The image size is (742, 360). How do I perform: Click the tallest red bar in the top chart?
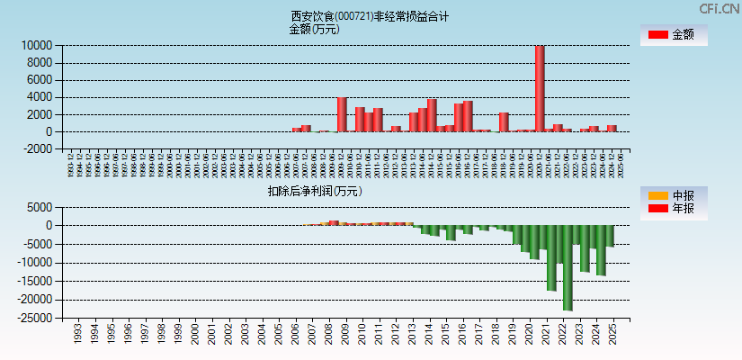[540, 88]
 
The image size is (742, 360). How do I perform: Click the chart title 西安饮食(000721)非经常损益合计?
[370, 16]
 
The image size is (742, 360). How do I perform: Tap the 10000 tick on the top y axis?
[36, 46]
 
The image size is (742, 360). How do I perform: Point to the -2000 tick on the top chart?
[36, 149]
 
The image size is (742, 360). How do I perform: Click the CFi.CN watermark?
[718, 8]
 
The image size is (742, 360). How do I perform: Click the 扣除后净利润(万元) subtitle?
[314, 191]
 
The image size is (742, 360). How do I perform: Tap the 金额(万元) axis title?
[314, 29]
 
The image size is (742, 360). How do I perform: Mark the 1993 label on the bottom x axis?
[77, 335]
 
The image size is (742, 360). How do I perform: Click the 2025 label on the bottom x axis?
[612, 335]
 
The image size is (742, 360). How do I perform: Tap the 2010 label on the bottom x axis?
[362, 335]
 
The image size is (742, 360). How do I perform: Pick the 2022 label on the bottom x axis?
[562, 335]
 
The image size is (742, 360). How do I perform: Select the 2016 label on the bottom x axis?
[462, 335]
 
